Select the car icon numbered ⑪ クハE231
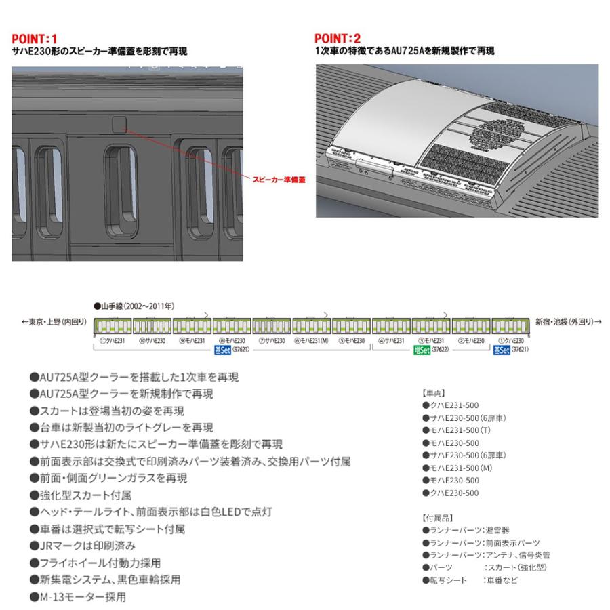[x=112, y=325]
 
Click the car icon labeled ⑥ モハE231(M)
[x=312, y=325]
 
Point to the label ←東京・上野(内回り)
[x=54, y=322]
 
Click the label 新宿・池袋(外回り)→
[x=569, y=322]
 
